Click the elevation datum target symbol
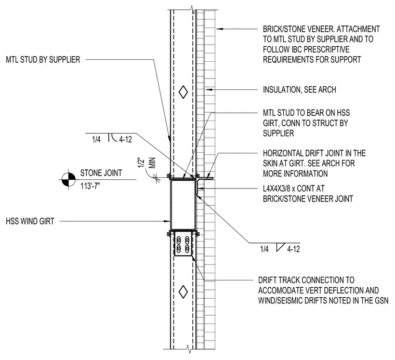tap(69, 180)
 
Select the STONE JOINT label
tap(101, 173)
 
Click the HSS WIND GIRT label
tap(30, 221)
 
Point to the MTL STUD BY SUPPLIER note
tap(43, 60)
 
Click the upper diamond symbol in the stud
tap(183, 92)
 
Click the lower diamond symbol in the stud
tap(183, 292)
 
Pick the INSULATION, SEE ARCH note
tap(299, 90)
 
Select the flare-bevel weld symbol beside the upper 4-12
tap(112, 137)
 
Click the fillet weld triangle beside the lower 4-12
tap(280, 247)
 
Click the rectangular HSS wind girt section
tap(183, 204)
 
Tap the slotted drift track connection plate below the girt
tap(183, 244)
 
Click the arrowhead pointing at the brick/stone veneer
tap(220, 29)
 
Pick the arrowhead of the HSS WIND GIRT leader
tap(167, 221)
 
